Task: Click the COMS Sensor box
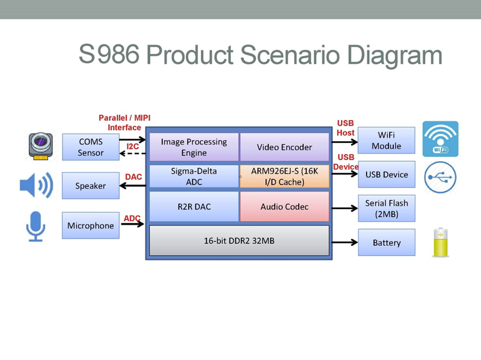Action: tap(90, 147)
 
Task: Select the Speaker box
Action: tap(90, 186)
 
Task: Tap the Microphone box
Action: tap(90, 226)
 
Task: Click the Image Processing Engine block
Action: tap(194, 147)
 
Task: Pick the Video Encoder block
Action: tap(284, 147)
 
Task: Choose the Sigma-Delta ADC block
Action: tap(194, 176)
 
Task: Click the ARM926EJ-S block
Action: tap(284, 176)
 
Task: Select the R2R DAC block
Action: tap(194, 207)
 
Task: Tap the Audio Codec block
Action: tap(284, 207)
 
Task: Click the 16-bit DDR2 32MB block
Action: tap(239, 240)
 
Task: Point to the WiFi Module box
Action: tap(386, 141)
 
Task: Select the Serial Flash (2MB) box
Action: tap(386, 209)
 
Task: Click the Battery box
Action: tap(386, 243)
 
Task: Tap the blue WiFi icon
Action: tap(440, 139)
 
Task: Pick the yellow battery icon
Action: tap(441, 242)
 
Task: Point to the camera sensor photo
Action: tap(41, 147)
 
